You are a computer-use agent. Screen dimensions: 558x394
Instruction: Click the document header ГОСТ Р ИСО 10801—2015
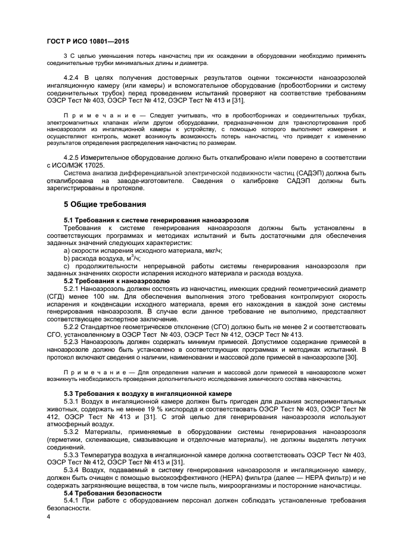(x=87, y=41)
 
